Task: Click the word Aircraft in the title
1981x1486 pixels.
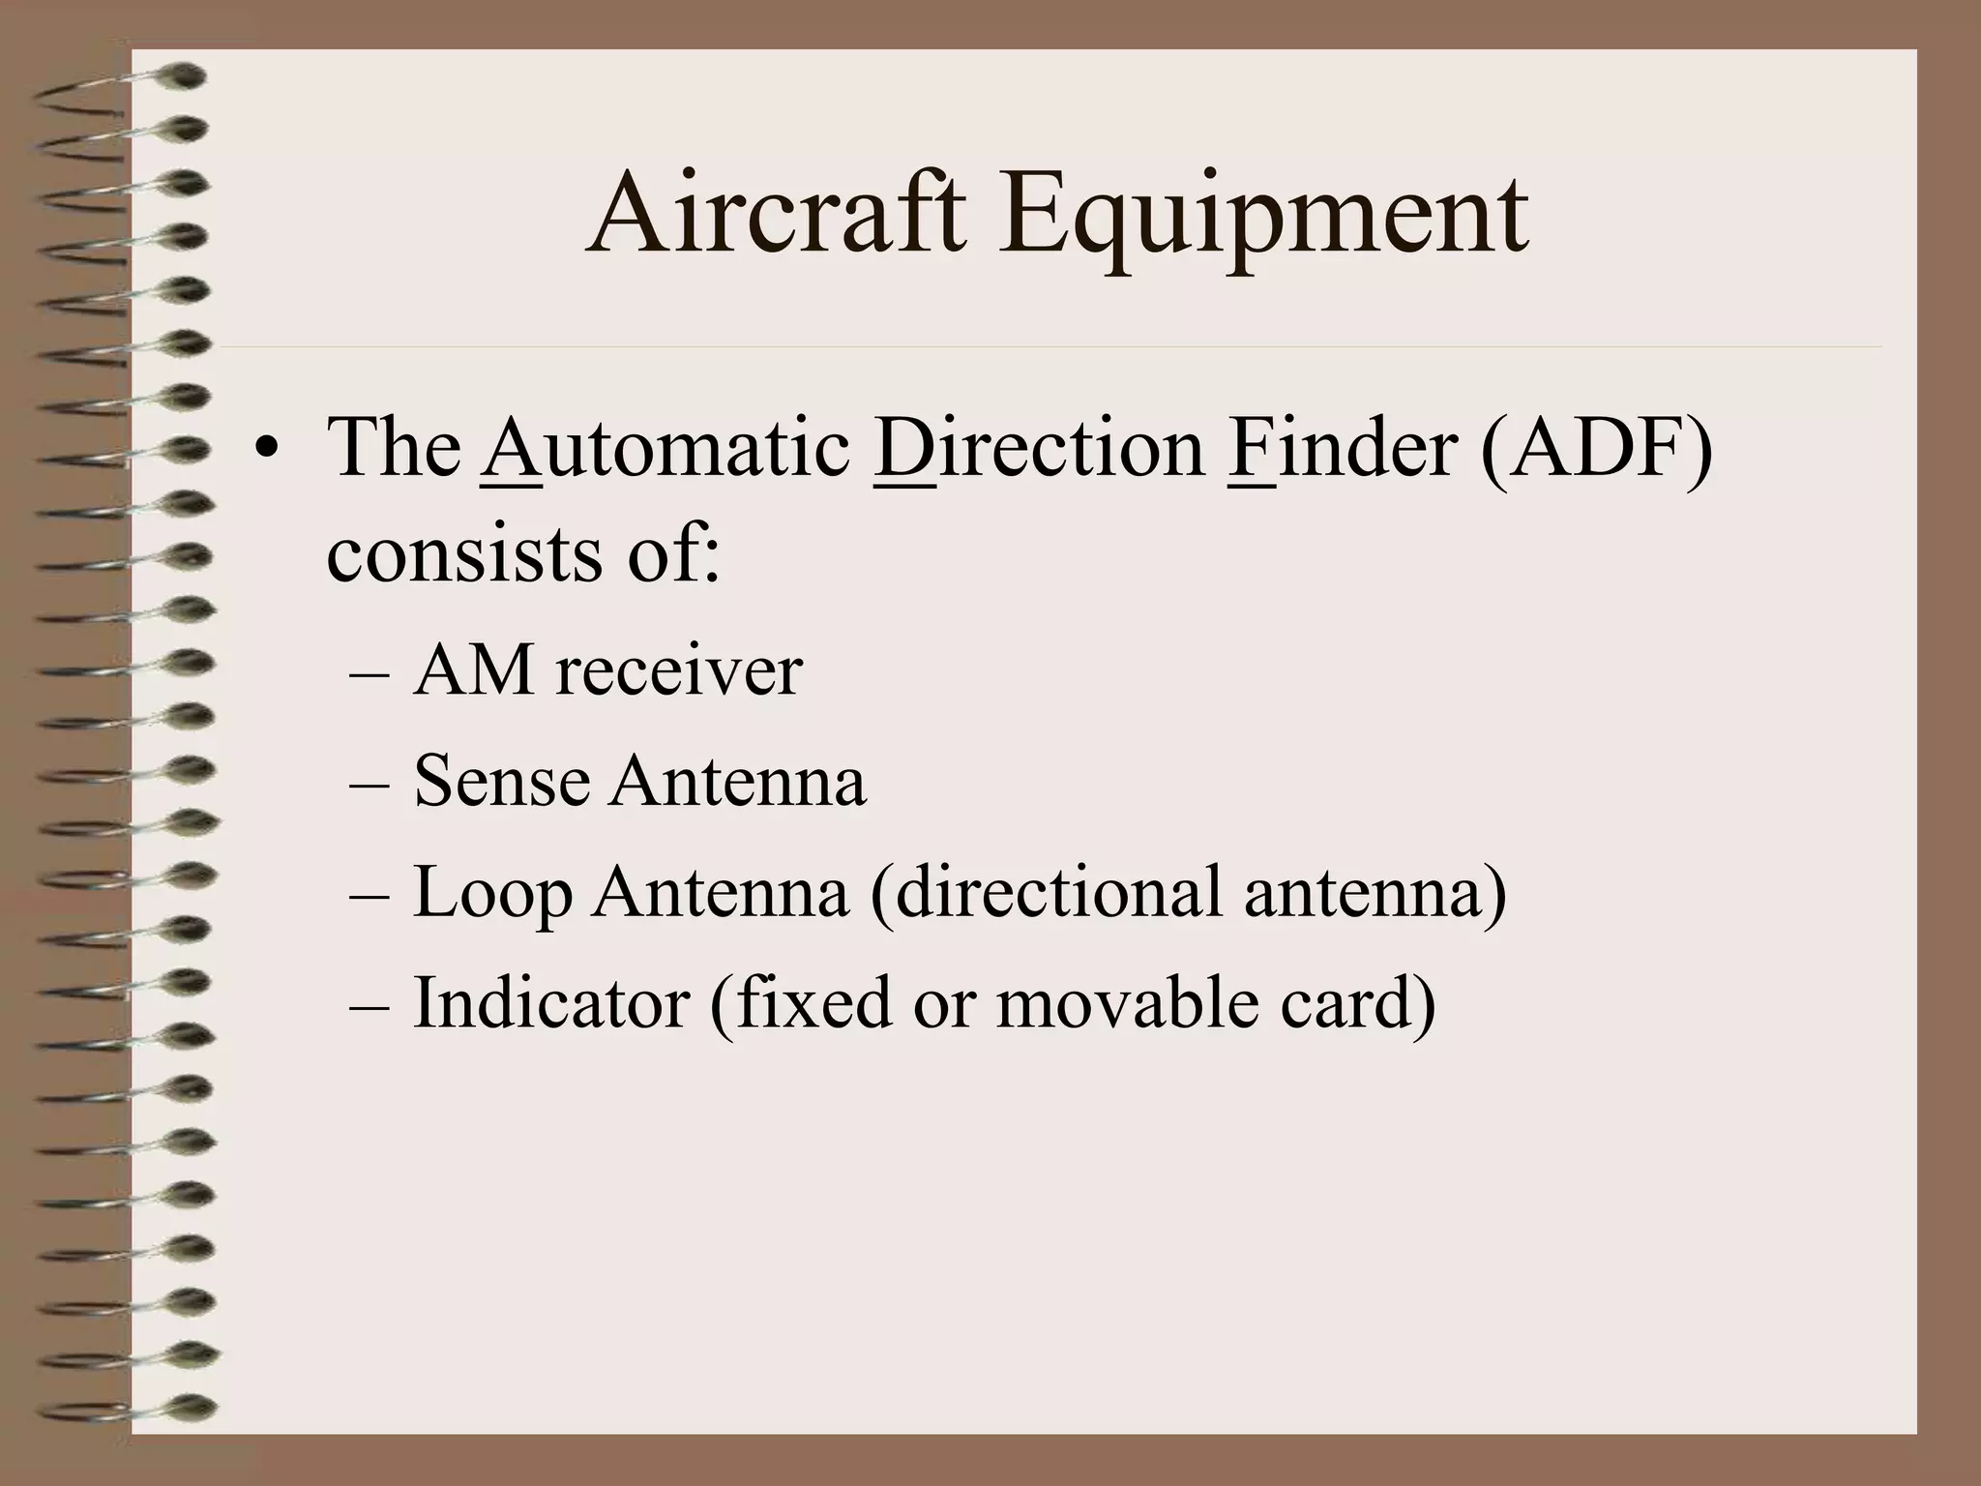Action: [x=775, y=214]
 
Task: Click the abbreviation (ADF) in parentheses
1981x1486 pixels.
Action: [x=1596, y=450]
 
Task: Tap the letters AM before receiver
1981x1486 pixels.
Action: [x=473, y=670]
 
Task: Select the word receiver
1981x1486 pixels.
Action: [x=678, y=670]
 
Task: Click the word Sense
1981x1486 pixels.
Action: [x=501, y=781]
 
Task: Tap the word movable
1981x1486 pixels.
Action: [x=1127, y=1002]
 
